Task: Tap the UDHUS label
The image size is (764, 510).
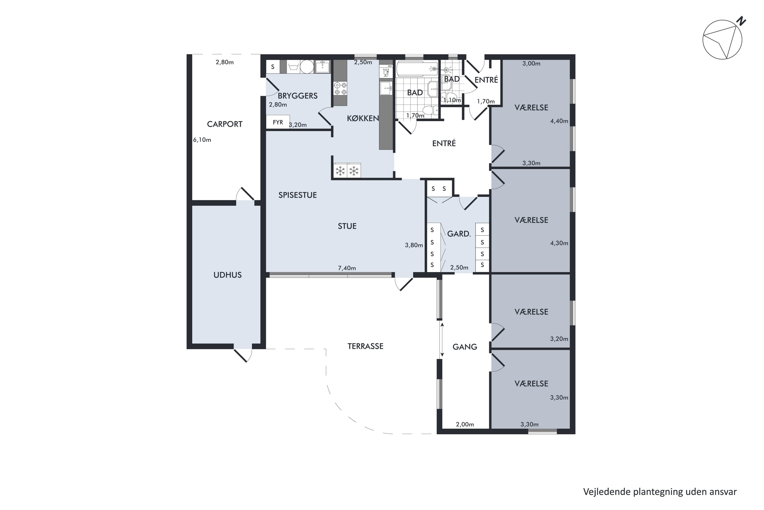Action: click(227, 275)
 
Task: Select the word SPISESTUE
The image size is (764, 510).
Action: click(297, 195)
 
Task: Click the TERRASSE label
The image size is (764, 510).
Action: click(365, 346)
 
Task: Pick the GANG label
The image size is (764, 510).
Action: click(465, 347)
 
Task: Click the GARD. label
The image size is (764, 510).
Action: click(459, 234)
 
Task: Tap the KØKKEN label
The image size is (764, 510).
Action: click(363, 118)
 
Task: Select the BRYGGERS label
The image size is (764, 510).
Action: click(297, 96)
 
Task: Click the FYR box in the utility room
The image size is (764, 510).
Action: click(278, 122)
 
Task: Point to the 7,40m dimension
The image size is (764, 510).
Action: click(347, 268)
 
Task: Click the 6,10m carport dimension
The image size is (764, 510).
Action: click(202, 140)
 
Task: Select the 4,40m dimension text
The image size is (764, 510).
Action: click(559, 121)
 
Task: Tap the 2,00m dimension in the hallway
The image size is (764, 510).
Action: click(465, 425)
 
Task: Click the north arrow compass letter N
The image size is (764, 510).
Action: click(741, 21)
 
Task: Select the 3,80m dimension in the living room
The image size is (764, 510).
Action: click(414, 245)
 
